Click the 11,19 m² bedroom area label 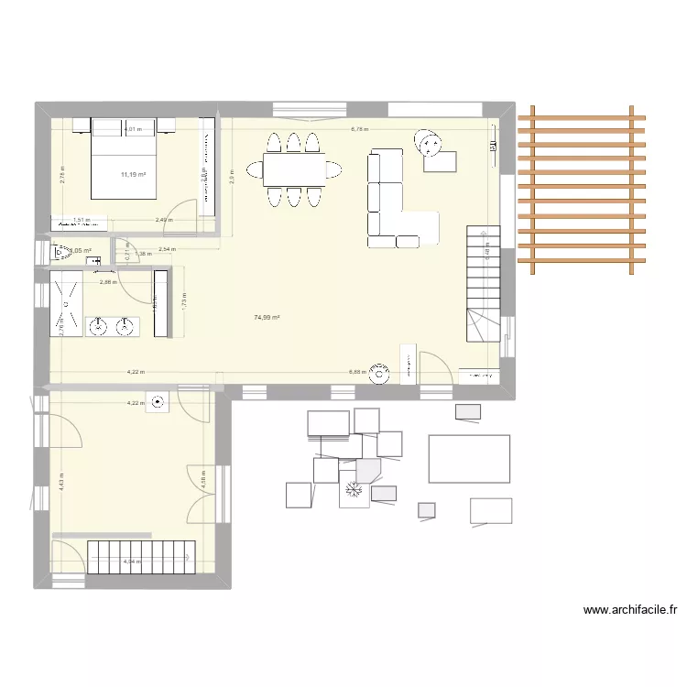coord(133,174)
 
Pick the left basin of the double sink coord(99,326)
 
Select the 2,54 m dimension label coord(167,249)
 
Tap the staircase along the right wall coord(483,284)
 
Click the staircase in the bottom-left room coord(143,555)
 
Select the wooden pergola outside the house coord(581,190)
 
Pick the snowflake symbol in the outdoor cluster coord(353,492)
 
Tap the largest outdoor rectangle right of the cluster coord(469,458)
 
